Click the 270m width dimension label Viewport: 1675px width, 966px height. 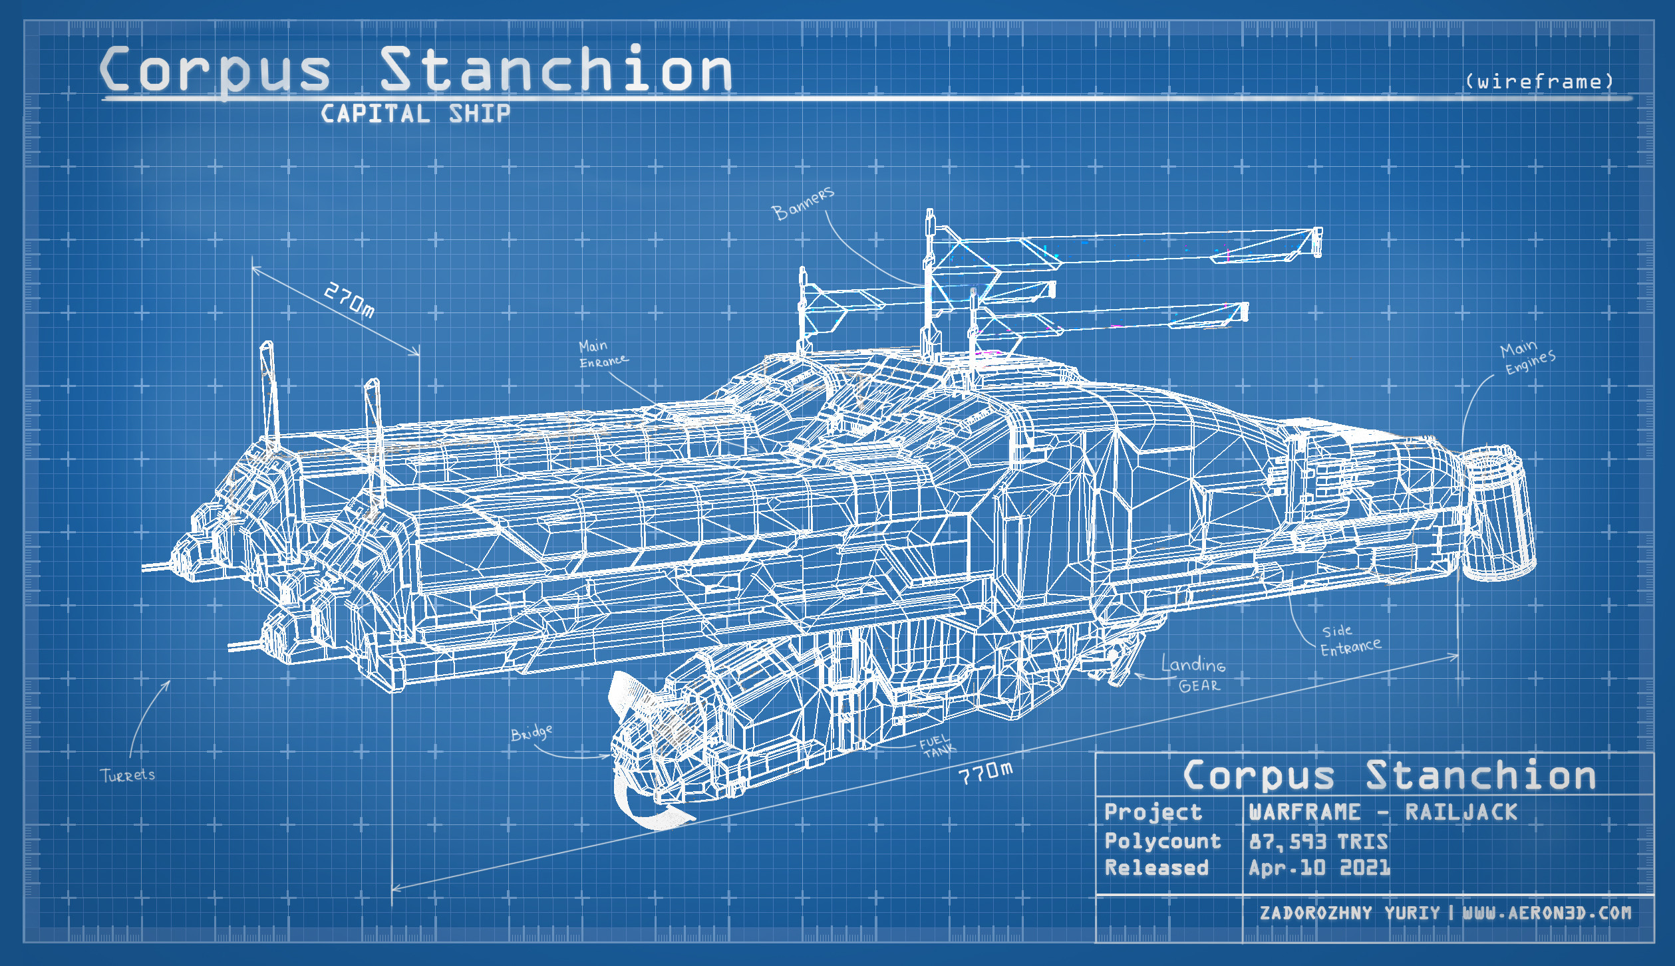[x=349, y=301]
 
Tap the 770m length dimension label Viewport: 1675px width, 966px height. [x=985, y=773]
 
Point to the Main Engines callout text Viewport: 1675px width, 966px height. [x=1527, y=357]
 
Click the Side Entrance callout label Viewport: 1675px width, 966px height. [x=1349, y=640]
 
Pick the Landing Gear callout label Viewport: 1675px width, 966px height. [x=1194, y=673]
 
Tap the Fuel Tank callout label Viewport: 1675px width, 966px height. [x=937, y=746]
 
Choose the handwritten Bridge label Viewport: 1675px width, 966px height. [x=532, y=733]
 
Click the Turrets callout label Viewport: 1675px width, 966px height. [x=128, y=775]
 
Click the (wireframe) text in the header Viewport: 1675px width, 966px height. [x=1539, y=82]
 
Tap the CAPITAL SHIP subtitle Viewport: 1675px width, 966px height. [x=415, y=114]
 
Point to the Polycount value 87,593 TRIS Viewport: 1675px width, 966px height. [x=1318, y=842]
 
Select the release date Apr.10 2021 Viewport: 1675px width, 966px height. [x=1318, y=868]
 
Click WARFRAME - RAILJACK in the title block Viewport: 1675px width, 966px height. [x=1382, y=812]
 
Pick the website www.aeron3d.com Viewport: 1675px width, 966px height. [x=1547, y=913]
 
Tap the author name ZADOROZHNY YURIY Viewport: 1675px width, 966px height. [x=1349, y=913]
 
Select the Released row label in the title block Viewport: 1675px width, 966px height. [x=1156, y=868]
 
